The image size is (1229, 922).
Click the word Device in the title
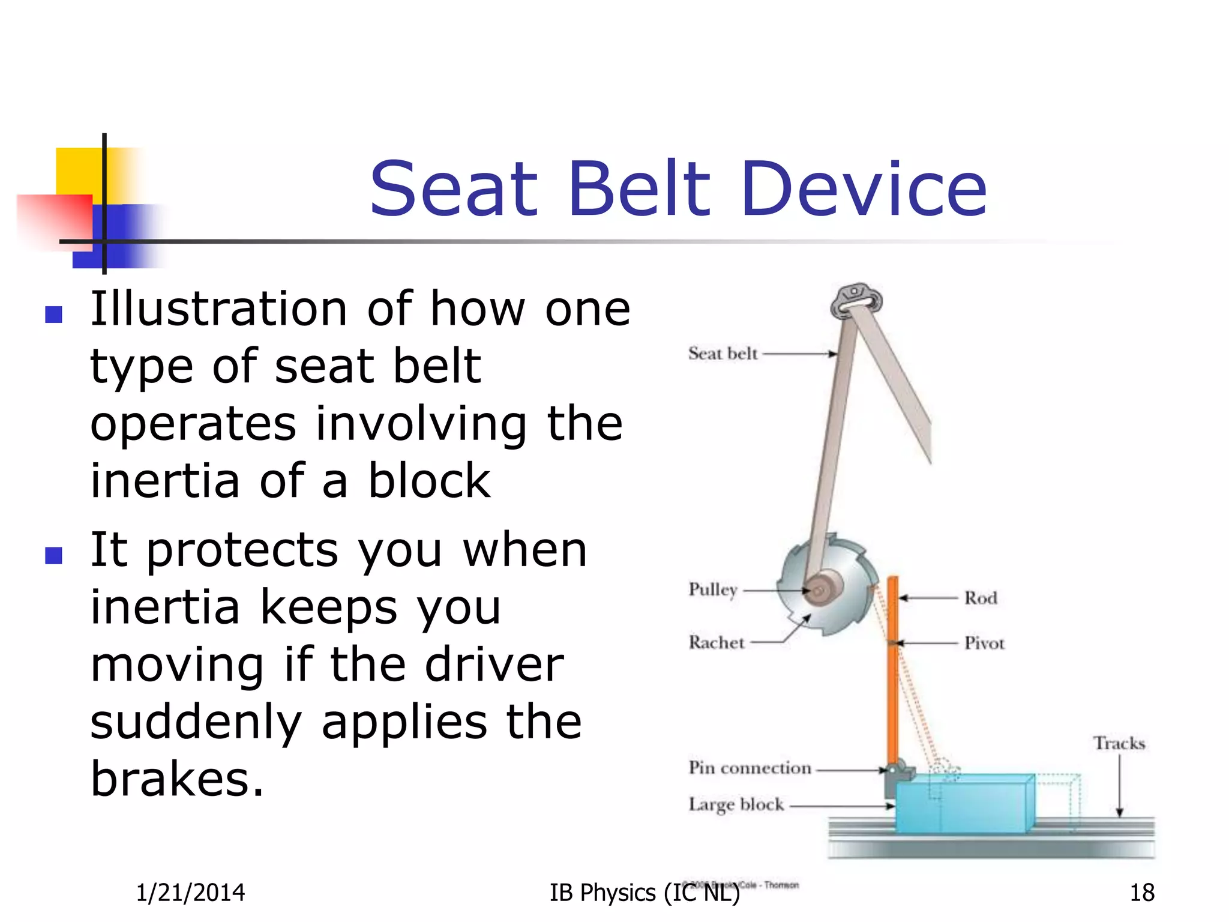[x=864, y=189]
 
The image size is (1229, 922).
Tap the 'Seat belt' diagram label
[x=723, y=354]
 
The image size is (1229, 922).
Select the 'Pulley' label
[x=712, y=589]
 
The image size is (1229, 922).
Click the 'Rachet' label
[x=716, y=642]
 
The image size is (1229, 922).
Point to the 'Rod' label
[x=981, y=598]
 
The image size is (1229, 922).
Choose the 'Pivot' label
[x=984, y=643]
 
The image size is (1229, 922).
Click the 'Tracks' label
[x=1119, y=743]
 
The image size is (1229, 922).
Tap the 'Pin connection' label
[x=750, y=768]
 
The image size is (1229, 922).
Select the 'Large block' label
[x=736, y=804]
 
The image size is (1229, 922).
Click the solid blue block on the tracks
[x=960, y=807]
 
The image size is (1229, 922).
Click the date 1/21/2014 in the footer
[x=190, y=893]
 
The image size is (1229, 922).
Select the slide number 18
[x=1141, y=893]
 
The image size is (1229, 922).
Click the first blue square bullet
[x=54, y=315]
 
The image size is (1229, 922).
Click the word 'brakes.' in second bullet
[x=177, y=779]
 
